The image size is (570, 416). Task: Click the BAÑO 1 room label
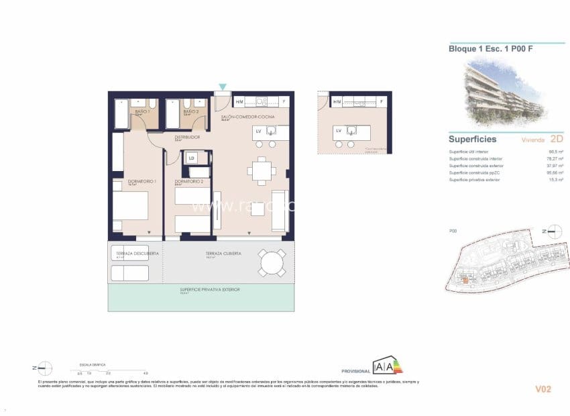(142, 111)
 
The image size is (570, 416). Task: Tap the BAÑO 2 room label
(191, 111)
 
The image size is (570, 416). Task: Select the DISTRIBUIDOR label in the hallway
(187, 137)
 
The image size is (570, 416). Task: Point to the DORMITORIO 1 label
(141, 182)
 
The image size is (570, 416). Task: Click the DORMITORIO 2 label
(188, 182)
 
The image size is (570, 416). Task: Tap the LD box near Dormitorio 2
(192, 158)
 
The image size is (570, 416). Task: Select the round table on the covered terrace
(273, 262)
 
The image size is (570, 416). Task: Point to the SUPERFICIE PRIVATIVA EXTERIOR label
(209, 289)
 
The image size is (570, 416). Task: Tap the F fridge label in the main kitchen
(284, 102)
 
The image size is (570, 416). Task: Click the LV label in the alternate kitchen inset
(339, 130)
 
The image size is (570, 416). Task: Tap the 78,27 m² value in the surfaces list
(555, 159)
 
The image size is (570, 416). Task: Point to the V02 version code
(543, 388)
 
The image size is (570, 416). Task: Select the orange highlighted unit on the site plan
(465, 280)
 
